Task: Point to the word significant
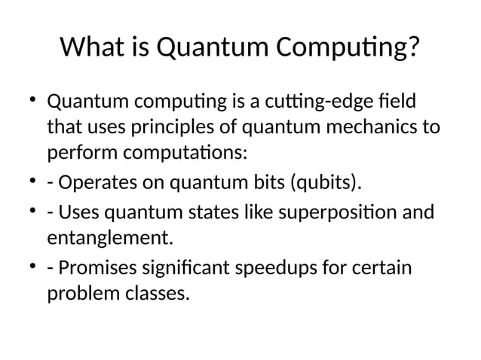tap(195, 269)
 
